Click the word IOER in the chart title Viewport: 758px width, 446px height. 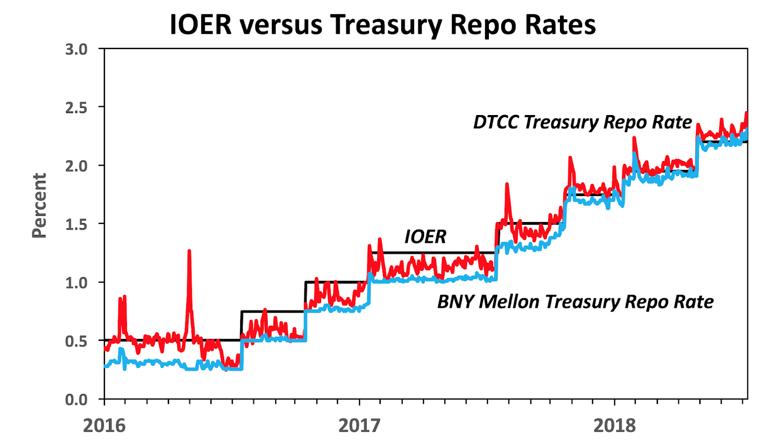click(x=200, y=25)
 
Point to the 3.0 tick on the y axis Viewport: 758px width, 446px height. click(x=76, y=49)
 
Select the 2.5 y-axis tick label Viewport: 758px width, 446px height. click(x=76, y=108)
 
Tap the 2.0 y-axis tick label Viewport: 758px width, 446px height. click(x=76, y=166)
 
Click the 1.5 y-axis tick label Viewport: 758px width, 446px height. click(x=76, y=224)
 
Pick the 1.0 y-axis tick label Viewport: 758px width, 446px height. click(x=76, y=283)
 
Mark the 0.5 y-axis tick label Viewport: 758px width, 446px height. click(x=76, y=341)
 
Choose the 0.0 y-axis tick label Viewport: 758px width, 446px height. click(x=76, y=400)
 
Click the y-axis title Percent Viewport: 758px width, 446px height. click(x=39, y=205)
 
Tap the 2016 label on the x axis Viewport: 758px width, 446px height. click(x=104, y=425)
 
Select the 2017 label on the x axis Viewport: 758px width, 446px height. click(x=359, y=425)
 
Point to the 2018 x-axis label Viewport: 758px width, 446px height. click(x=614, y=425)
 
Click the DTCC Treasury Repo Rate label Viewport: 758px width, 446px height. click(x=582, y=122)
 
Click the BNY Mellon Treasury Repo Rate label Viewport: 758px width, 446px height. click(x=575, y=302)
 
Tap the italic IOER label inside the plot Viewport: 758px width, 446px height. click(x=425, y=236)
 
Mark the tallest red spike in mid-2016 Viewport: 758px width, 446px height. click(x=189, y=251)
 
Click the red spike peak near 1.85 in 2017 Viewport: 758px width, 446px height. click(x=507, y=184)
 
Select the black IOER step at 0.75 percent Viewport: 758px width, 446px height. click(x=272, y=311)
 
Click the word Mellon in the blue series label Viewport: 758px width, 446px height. click(x=508, y=302)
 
